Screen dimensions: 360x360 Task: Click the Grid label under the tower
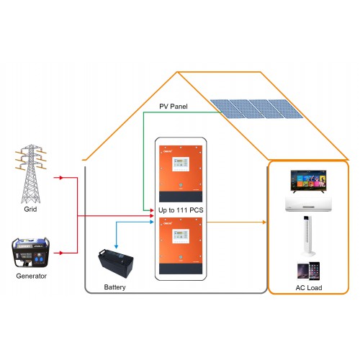pyautogui.click(x=30, y=210)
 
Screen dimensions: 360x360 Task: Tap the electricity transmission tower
pyautogui.click(x=31, y=174)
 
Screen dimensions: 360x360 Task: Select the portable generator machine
pyautogui.click(x=31, y=253)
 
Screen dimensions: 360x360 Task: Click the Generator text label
pyautogui.click(x=31, y=276)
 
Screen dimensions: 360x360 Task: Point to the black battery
pyautogui.click(x=116, y=264)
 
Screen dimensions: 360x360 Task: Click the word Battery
pyautogui.click(x=114, y=287)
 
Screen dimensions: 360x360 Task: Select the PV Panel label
pyautogui.click(x=174, y=107)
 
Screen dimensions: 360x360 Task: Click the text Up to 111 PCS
pyautogui.click(x=181, y=210)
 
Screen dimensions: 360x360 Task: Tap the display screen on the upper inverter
pyautogui.click(x=181, y=164)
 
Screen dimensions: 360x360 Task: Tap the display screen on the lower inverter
pyautogui.click(x=181, y=236)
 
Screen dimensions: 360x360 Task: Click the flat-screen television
pyautogui.click(x=308, y=181)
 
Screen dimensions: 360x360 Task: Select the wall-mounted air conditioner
pyautogui.click(x=308, y=204)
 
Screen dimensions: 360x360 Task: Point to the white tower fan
pyautogui.click(x=308, y=236)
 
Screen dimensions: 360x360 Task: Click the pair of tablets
pyautogui.click(x=308, y=271)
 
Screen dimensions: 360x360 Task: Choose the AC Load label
pyautogui.click(x=309, y=288)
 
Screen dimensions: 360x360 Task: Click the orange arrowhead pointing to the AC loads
pyautogui.click(x=264, y=222)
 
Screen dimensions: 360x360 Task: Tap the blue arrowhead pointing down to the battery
pyautogui.click(x=116, y=247)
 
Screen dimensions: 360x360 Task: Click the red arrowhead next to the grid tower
pyautogui.click(x=61, y=178)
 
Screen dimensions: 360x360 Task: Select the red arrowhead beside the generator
pyautogui.click(x=61, y=253)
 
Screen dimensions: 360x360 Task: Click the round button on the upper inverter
pyautogui.click(x=181, y=185)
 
